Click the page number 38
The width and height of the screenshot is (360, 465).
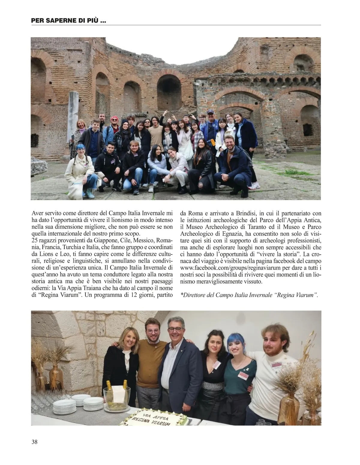pos(34,442)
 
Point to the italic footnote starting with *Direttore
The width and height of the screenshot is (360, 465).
pos(249,295)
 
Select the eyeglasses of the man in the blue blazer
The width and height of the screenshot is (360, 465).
pos(175,329)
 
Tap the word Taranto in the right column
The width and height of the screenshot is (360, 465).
pos(270,227)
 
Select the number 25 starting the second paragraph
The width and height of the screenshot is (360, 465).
pos(34,240)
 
